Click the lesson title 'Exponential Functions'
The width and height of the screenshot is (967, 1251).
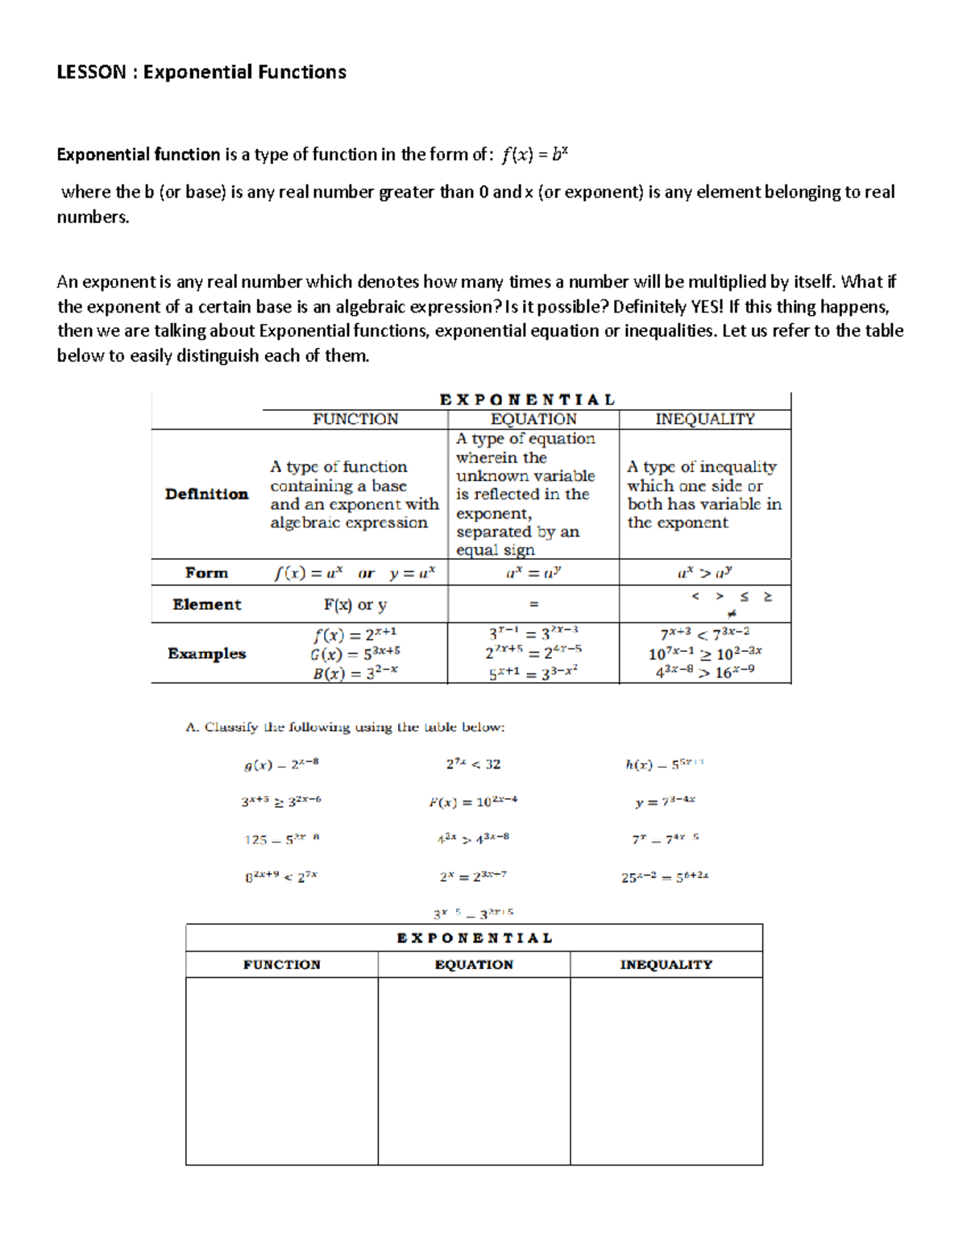coord(244,72)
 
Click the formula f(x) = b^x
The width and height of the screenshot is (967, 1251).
coord(534,155)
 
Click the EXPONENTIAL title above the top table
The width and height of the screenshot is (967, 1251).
coord(527,400)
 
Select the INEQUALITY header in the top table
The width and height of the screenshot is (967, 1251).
coord(705,420)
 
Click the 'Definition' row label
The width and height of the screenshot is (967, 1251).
coord(206,495)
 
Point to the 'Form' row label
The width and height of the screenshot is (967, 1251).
coord(206,573)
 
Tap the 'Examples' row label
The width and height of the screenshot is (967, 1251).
coord(206,653)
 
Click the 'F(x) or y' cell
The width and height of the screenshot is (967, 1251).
coord(355,604)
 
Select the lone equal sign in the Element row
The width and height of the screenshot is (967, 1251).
coord(533,604)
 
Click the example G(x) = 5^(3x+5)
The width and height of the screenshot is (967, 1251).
coord(355,653)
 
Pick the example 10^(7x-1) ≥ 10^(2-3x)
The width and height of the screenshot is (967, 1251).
coord(705,653)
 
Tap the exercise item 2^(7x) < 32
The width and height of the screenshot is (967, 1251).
coord(473,764)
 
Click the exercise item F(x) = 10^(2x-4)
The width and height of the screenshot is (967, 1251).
coord(473,802)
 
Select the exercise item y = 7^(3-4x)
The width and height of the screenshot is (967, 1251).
coord(665,802)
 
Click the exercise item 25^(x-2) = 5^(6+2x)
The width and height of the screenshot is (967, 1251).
coord(665,876)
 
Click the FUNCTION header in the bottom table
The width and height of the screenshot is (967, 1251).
coord(282,965)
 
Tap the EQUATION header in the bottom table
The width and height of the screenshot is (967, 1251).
coord(474,965)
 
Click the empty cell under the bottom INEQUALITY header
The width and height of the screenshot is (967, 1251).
coord(666,1071)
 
